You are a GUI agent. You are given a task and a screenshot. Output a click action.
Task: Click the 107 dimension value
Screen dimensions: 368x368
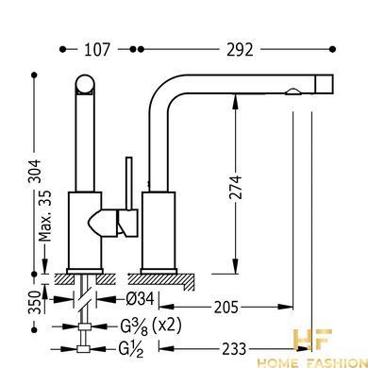[x=97, y=50]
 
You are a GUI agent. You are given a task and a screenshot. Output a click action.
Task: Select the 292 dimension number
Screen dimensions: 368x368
[x=240, y=50]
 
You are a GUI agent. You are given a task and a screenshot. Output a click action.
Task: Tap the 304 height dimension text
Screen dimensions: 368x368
[x=35, y=171]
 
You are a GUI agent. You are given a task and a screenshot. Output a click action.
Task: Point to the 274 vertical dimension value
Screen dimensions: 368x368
[x=236, y=188]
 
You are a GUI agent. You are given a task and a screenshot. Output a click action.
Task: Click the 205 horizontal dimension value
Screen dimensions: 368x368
[x=226, y=307]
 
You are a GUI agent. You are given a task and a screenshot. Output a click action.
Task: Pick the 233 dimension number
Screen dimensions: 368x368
[x=234, y=349]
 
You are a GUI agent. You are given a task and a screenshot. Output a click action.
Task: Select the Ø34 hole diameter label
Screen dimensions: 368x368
[x=140, y=299]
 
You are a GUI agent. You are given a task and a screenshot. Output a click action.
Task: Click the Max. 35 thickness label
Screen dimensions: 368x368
[x=45, y=216]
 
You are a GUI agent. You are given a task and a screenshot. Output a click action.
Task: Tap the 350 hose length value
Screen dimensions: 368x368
[x=35, y=302]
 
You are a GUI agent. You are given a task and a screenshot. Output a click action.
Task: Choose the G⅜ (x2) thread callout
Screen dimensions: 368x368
[x=151, y=326]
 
